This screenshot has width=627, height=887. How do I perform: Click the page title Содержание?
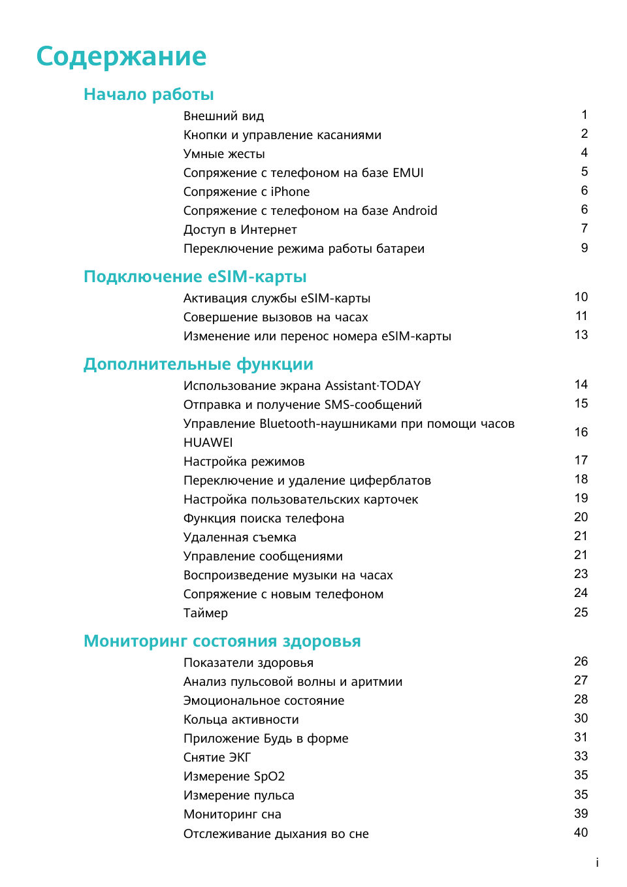tap(121, 57)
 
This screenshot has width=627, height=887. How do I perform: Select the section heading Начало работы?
tap(148, 95)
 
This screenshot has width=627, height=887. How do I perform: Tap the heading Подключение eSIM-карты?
tap(195, 277)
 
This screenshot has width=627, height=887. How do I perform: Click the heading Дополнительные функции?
tap(198, 364)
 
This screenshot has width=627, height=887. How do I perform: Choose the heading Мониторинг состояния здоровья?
tap(221, 641)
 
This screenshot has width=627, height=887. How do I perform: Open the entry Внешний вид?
tap(223, 116)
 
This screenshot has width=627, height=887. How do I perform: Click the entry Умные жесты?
tap(224, 154)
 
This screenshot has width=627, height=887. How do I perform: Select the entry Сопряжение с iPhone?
tap(246, 192)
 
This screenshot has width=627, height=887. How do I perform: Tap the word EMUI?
tap(408, 173)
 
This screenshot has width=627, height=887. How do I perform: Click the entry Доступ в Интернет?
tap(240, 230)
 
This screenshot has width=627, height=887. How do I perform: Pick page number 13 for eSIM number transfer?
tap(581, 335)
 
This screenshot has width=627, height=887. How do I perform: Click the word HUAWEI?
tap(208, 443)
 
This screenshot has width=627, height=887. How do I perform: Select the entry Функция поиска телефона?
tap(263, 519)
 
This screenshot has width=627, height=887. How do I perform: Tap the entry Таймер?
tap(205, 613)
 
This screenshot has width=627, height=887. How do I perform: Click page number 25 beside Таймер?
tap(581, 613)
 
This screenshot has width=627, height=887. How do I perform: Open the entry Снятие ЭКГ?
tap(217, 758)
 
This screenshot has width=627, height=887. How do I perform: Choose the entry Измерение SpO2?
tap(234, 777)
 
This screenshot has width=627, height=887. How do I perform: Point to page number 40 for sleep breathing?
tap(581, 833)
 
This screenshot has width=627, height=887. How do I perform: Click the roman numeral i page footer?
tap(597, 863)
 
